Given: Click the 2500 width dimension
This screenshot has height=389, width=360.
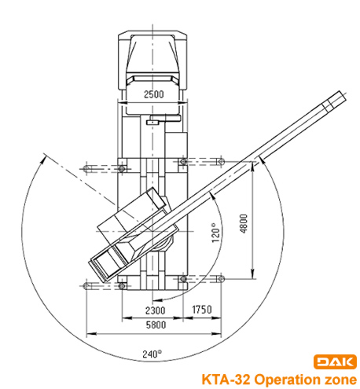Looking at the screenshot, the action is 154,94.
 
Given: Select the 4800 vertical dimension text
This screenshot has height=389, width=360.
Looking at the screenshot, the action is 244,223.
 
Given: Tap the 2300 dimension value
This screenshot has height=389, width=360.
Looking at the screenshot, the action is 156,310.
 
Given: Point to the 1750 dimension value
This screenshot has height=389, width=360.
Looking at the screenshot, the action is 202,310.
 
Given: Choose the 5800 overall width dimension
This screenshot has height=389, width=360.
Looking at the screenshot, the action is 156,325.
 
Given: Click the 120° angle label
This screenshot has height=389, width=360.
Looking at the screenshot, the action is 215,233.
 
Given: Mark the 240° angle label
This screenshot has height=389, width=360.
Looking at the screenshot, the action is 152,354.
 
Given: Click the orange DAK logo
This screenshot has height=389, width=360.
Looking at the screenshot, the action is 335,361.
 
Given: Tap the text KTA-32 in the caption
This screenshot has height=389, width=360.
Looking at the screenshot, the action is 226,380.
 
